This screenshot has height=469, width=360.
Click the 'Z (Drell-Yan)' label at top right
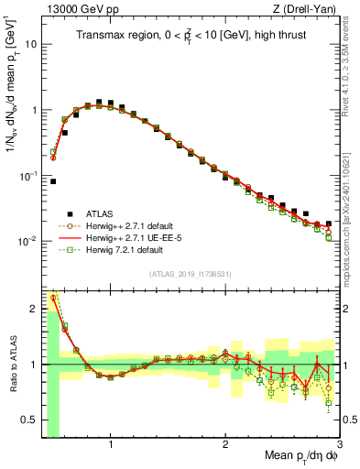pos(309,9)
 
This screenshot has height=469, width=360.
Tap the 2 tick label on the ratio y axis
pos(34,309)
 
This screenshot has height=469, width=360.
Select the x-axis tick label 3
pos(339,448)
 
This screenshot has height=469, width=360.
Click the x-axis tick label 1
pos(111,448)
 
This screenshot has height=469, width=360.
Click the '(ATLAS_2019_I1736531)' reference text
pos(191,273)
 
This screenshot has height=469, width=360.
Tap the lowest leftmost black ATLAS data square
pos(53,181)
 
